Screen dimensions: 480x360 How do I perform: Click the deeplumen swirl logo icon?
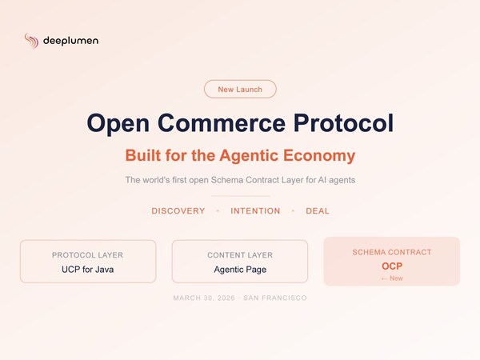coord(31,41)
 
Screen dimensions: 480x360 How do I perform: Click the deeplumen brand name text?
coord(70,41)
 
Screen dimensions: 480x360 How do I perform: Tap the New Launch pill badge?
coord(240,89)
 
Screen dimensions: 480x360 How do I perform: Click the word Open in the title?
coord(118,123)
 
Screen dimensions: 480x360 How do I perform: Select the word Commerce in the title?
coord(222,122)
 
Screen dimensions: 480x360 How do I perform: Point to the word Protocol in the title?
coord(343,122)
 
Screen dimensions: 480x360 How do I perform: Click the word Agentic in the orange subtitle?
coord(249,156)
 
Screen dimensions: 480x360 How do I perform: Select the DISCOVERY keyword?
coord(178,211)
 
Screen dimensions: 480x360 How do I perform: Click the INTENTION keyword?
coord(255,211)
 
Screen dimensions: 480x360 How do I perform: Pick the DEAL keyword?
coord(318,211)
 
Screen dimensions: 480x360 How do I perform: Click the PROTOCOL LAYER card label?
coord(87,255)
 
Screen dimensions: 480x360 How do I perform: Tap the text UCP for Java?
coord(87,270)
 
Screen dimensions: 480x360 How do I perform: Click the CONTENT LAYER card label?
coord(240,255)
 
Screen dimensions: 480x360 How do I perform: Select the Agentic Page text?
coord(240,270)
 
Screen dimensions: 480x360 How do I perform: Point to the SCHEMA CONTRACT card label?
coord(392,252)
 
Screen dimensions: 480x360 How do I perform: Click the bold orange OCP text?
coord(392,266)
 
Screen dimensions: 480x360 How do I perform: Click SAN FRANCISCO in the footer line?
coord(275,298)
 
